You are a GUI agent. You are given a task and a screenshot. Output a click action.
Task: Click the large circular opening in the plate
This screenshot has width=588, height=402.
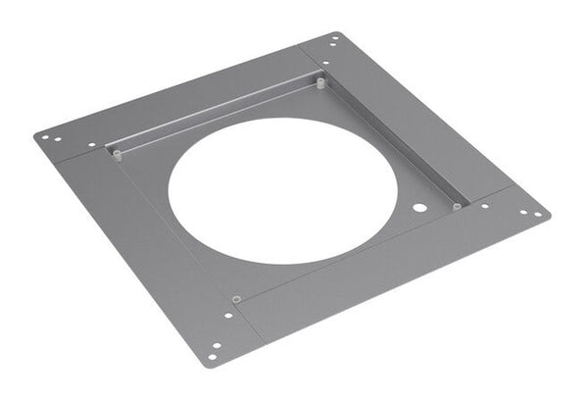pos(282,190)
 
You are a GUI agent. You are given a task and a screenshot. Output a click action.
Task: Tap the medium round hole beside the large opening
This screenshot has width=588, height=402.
pos(419,209)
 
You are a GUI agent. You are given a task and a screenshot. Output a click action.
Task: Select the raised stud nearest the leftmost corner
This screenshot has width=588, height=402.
pos(117,153)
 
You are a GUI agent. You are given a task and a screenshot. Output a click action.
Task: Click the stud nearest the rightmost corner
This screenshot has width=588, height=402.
pos(457,206)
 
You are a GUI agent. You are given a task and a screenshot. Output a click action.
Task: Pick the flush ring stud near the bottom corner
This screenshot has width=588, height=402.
pos(236,298)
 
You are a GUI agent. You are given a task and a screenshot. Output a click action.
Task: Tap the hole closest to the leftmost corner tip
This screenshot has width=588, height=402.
pos(44,137)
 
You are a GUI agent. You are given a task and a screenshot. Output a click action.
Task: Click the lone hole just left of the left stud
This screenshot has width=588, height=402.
pos(92,146)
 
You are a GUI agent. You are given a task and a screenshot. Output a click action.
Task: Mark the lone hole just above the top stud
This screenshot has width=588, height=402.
pos(324,69)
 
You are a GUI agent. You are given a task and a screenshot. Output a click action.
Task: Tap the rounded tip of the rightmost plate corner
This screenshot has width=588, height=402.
pos(548,214)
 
